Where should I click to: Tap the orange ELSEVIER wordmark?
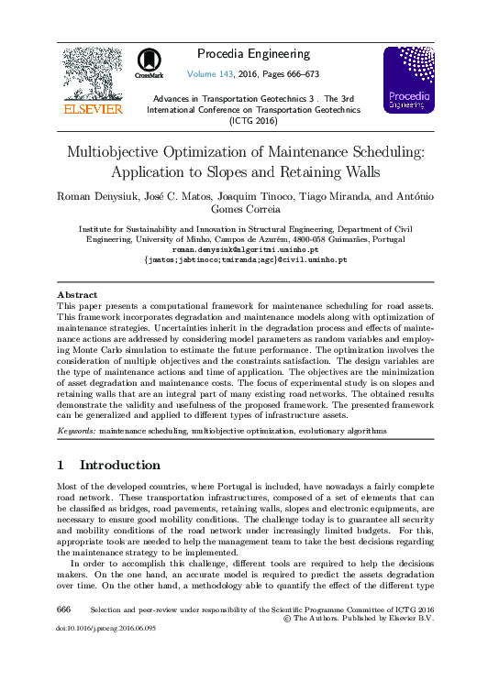(x=91, y=108)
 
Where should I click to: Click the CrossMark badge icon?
(x=149, y=62)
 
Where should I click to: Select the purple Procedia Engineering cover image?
(x=408, y=80)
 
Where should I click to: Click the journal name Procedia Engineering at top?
(x=254, y=54)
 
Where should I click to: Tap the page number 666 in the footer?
(x=64, y=609)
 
